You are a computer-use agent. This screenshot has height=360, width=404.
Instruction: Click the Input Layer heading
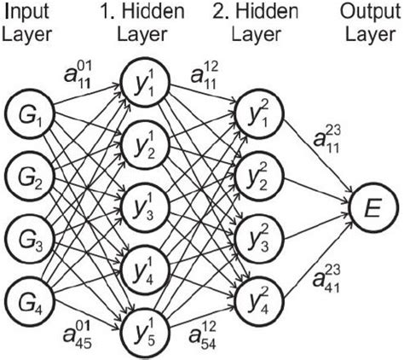pyautogui.click(x=29, y=23)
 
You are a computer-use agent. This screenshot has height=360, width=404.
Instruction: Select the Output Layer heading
pyautogui.click(x=369, y=23)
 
